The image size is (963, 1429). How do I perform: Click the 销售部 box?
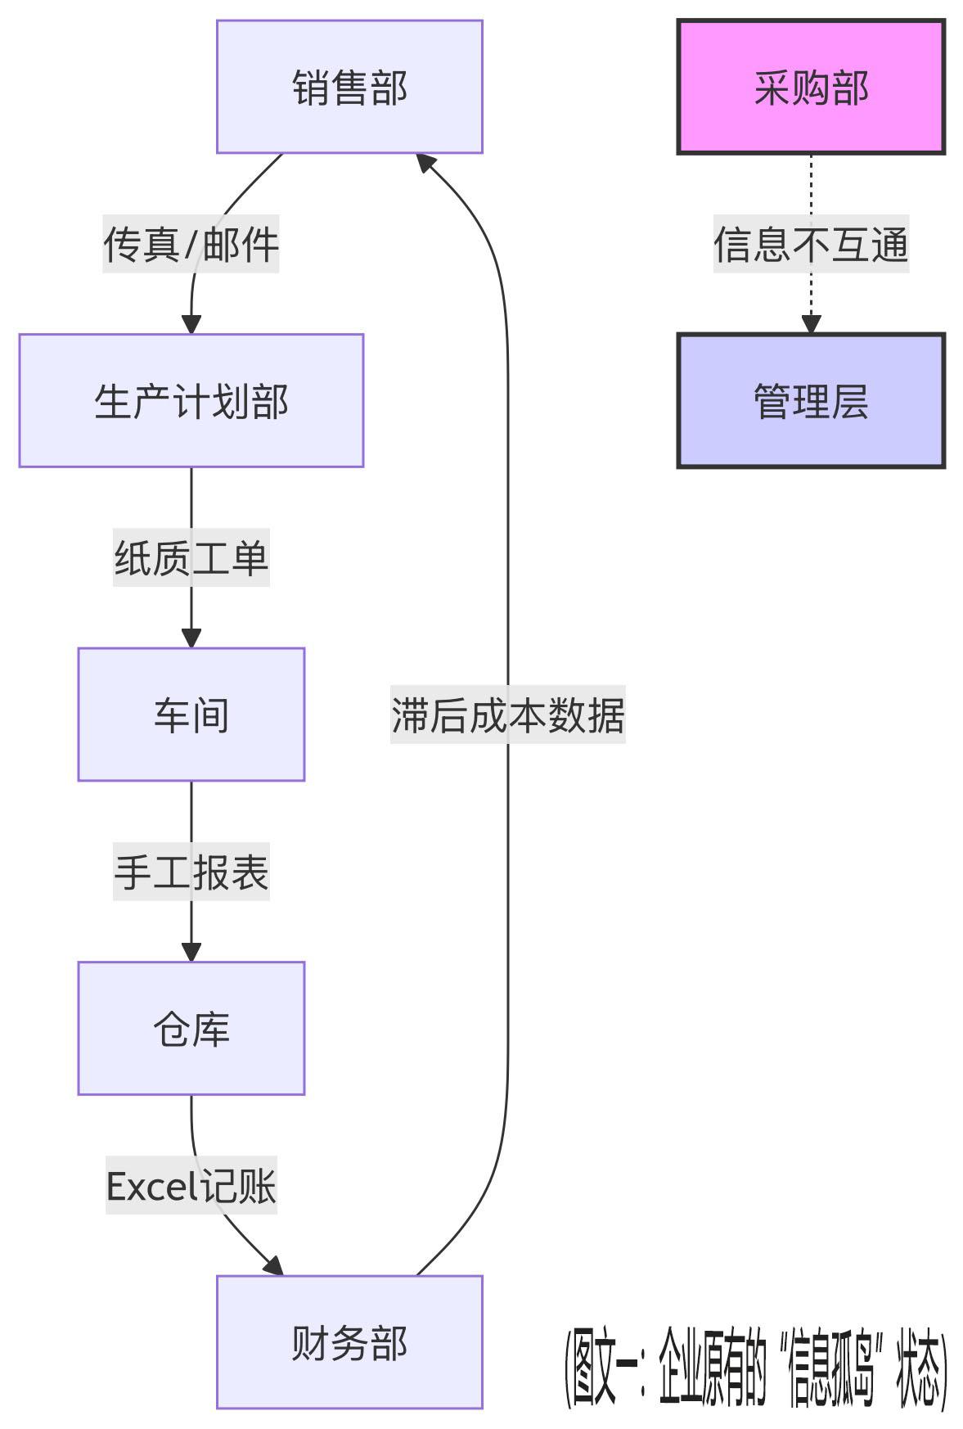(x=349, y=87)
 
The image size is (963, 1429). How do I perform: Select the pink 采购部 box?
(x=810, y=87)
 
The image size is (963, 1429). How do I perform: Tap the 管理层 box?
(x=810, y=401)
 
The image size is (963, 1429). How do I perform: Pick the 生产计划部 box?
(x=191, y=401)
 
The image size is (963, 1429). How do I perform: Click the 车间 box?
(x=191, y=714)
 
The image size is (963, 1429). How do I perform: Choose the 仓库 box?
(x=191, y=1029)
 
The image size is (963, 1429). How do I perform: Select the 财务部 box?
(x=349, y=1342)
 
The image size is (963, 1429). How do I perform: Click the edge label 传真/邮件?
(x=191, y=244)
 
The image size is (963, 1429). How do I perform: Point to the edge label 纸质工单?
(x=191, y=558)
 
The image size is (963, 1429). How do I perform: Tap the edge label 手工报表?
(x=191, y=872)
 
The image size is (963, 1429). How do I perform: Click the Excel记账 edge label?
(x=191, y=1186)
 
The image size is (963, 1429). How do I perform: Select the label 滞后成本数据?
(x=507, y=714)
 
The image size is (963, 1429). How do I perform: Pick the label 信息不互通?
(x=810, y=244)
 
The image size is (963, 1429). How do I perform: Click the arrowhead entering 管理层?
(x=810, y=324)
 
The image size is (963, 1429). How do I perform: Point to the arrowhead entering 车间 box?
(x=191, y=638)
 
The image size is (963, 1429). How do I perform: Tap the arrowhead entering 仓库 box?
(x=191, y=952)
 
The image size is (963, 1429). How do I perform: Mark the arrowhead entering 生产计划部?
(x=191, y=324)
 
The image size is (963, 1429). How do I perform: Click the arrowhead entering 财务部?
(x=274, y=1266)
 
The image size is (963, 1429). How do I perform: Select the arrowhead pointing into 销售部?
(x=425, y=162)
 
